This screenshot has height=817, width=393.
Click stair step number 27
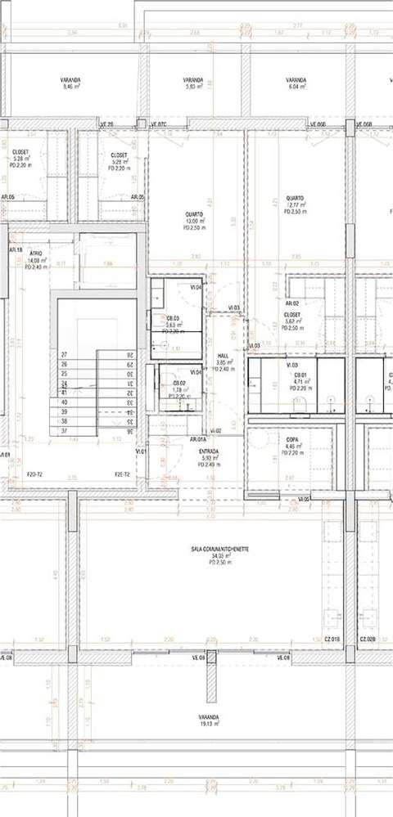pyautogui.click(x=64, y=354)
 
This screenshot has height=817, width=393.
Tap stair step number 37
pyautogui.click(x=64, y=430)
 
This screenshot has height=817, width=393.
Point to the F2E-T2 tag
pyautogui.click(x=123, y=474)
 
